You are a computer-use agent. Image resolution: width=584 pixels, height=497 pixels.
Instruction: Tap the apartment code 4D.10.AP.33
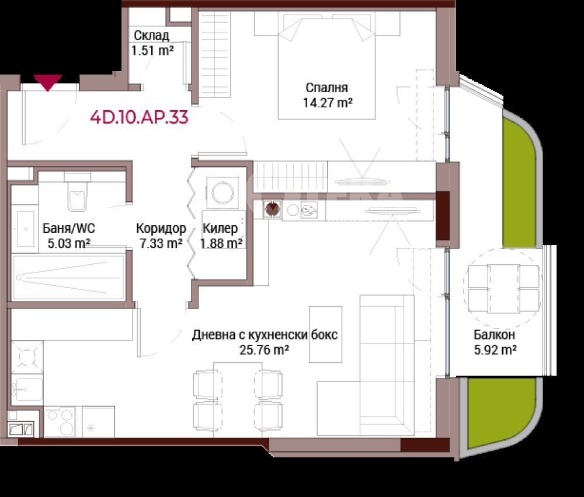point(139,118)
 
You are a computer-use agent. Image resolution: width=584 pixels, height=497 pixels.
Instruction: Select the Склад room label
point(151,36)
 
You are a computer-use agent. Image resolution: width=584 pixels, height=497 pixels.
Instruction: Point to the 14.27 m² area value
point(328,102)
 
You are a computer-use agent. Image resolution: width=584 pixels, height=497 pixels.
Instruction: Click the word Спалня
point(327,88)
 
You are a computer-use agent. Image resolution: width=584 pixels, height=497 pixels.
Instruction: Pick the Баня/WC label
point(69,228)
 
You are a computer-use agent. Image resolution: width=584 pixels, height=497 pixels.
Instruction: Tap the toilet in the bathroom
point(77,191)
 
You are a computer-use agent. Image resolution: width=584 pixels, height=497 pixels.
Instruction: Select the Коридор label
point(161,228)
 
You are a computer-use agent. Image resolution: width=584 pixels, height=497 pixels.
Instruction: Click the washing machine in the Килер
point(223,192)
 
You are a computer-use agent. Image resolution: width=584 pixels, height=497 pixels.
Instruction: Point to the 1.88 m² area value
point(221,243)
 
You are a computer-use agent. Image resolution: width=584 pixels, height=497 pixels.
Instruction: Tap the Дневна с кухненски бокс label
point(265,335)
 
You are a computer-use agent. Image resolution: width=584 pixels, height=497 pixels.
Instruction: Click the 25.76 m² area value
point(264,349)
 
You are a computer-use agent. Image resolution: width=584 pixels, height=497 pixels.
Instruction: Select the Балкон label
point(494,335)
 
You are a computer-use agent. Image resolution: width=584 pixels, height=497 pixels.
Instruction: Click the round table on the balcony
point(503,289)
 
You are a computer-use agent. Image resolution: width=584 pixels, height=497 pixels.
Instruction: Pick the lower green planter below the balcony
point(503,413)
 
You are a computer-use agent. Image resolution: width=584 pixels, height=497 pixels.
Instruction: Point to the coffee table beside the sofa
point(326,334)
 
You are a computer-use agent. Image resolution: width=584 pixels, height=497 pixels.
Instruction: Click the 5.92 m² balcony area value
point(495,349)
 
